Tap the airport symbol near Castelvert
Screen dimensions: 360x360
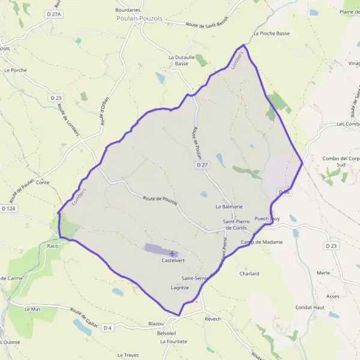(173, 253)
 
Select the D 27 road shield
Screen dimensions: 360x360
(202, 164)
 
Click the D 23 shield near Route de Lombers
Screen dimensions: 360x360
(56, 98)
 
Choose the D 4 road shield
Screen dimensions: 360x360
(108, 328)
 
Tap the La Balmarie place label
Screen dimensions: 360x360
(229, 206)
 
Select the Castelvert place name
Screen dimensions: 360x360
(173, 261)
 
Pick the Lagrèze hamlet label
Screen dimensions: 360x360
(179, 288)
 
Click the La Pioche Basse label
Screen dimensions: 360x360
(271, 34)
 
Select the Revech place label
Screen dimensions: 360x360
(212, 319)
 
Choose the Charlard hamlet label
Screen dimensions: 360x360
(249, 274)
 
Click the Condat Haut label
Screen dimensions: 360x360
(310, 308)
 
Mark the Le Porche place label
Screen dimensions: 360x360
(15, 70)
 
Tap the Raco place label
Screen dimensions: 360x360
(53, 246)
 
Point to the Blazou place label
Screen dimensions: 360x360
(155, 323)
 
